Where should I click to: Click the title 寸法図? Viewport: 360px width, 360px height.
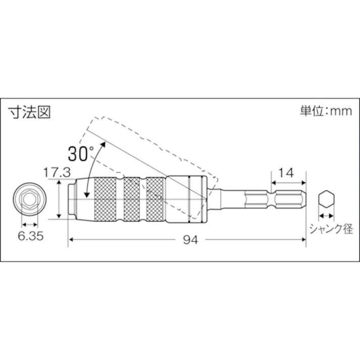29,112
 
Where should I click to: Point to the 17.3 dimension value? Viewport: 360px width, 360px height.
56,173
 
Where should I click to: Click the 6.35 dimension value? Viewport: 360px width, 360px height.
29,235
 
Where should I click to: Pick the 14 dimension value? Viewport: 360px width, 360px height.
286,173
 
